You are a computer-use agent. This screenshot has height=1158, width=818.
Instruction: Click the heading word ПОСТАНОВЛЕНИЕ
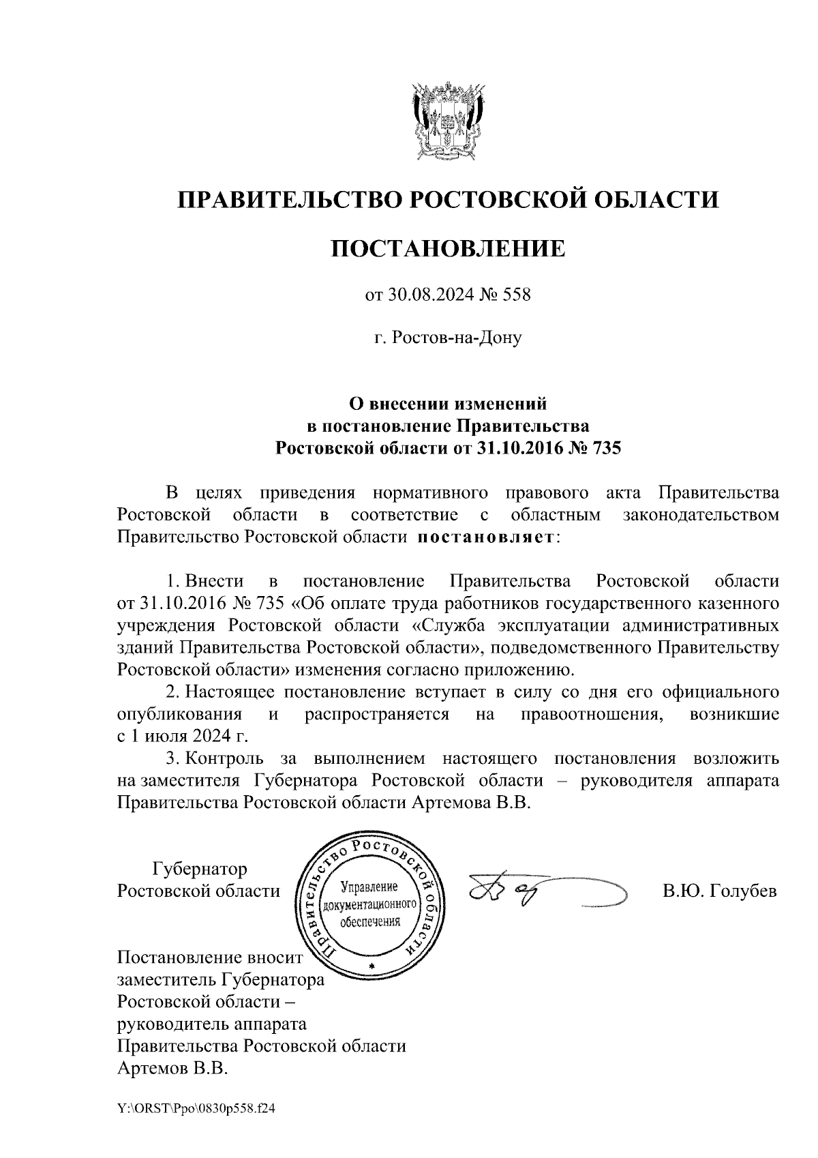point(448,248)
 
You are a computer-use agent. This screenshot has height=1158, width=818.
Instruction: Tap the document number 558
point(516,295)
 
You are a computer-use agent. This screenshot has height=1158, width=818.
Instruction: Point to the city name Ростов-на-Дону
point(448,338)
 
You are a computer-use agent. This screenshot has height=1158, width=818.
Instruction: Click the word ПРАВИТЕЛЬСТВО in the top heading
point(287,200)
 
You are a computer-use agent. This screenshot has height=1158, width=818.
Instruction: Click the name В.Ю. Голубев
point(719,891)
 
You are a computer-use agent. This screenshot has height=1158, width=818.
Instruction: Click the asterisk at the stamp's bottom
point(371,968)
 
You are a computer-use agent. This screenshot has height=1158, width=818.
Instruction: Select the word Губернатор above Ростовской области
point(200,869)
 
